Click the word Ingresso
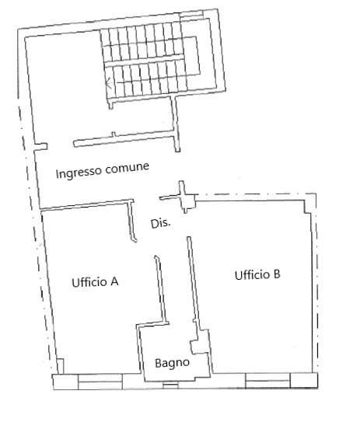point(79,173)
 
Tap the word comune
point(128,167)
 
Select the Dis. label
point(161,223)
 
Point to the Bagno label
point(173,363)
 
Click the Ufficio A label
point(95,282)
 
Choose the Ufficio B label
point(257,275)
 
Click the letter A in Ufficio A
point(114,281)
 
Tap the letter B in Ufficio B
point(277,274)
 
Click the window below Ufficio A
point(100,382)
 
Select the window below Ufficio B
point(268,380)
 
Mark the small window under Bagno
point(170,385)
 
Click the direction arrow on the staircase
point(109,82)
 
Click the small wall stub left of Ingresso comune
point(41,147)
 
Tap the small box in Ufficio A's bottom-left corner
point(61,366)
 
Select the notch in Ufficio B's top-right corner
point(307,207)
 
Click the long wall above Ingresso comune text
point(125,139)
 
